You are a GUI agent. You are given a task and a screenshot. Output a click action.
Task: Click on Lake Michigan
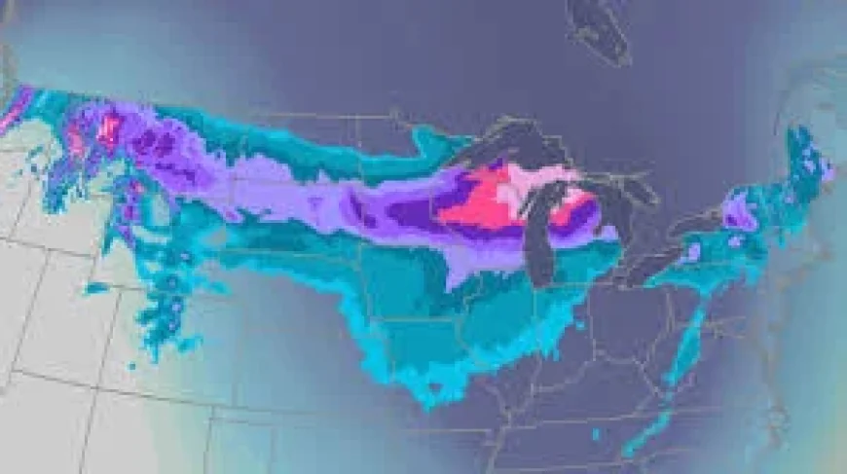coord(541,234)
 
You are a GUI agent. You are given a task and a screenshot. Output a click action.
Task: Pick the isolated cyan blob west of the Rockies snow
coord(96,287)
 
